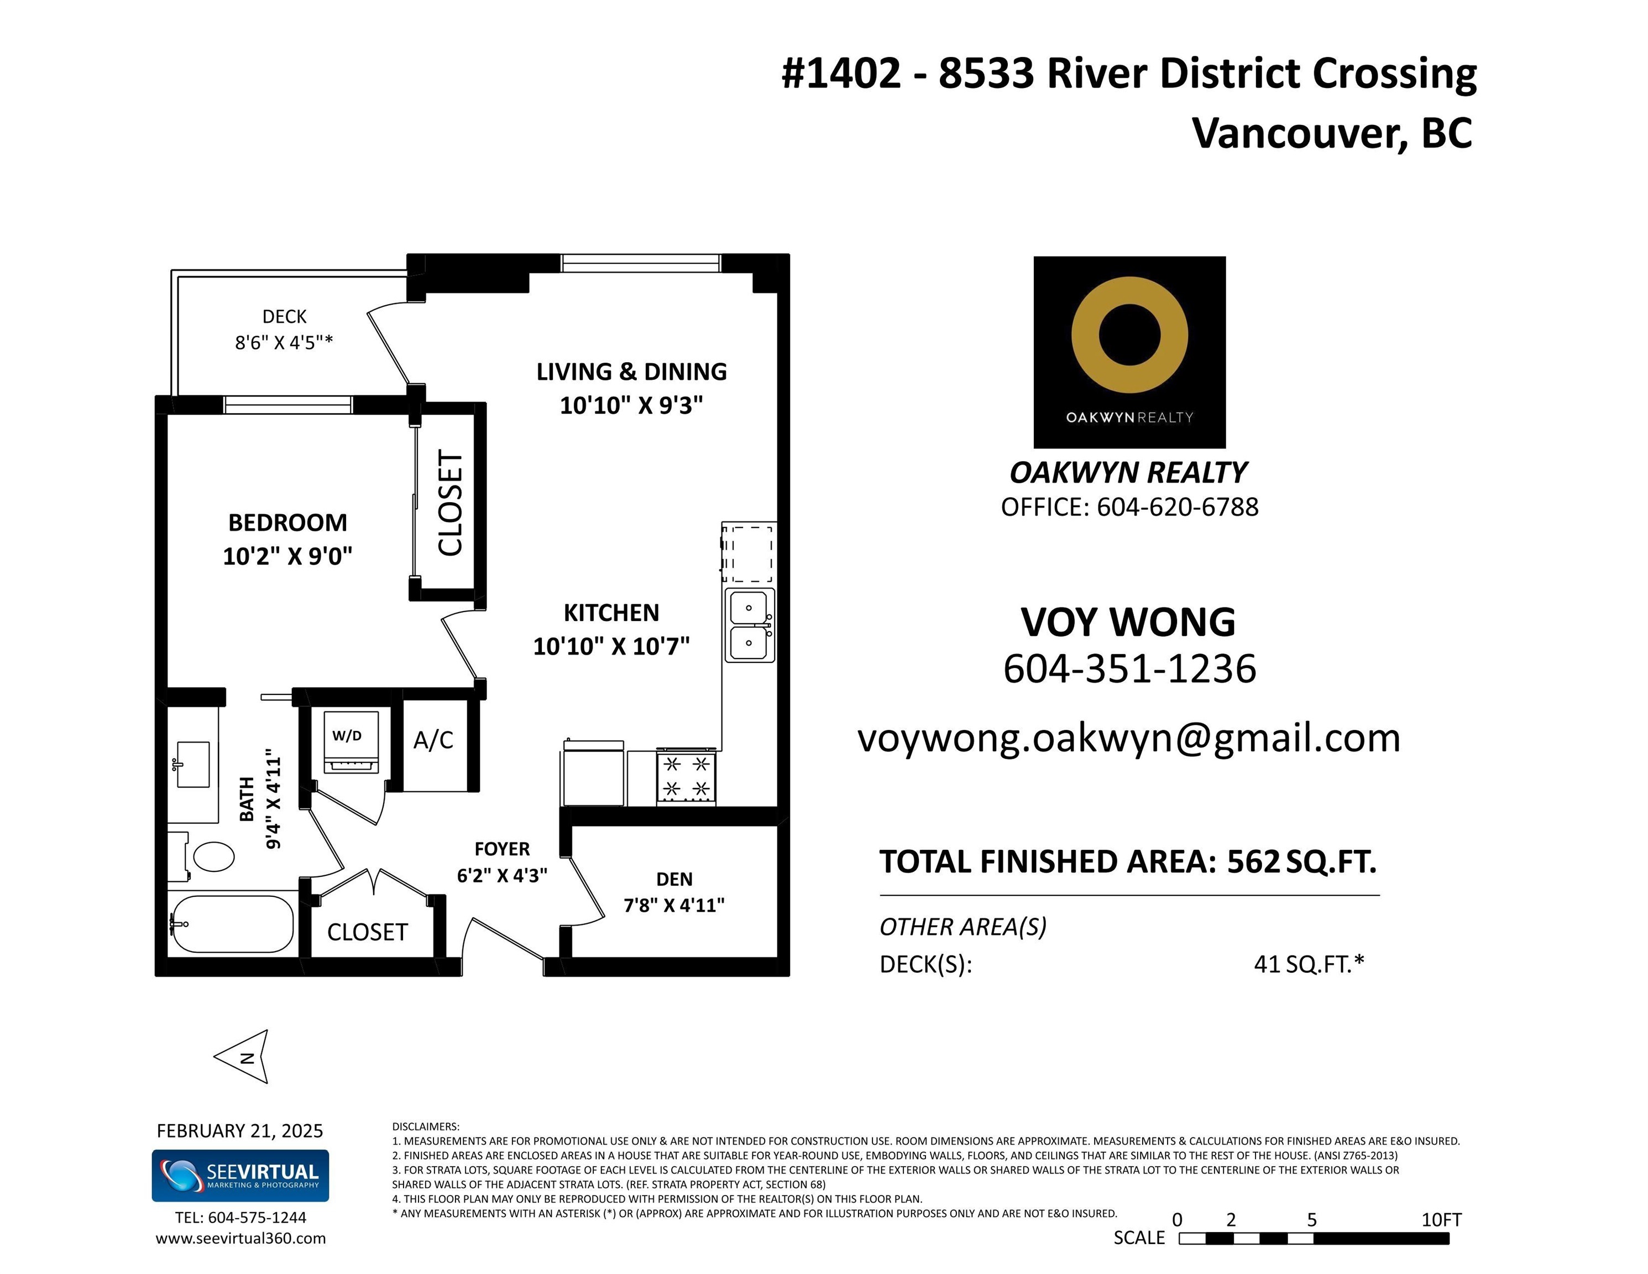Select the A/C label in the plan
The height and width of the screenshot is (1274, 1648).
point(433,740)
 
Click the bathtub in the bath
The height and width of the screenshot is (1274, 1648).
point(232,924)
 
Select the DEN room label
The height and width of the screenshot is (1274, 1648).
point(674,879)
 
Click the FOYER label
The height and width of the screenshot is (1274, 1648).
point(502,848)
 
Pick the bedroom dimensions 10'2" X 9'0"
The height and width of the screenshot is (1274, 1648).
point(287,556)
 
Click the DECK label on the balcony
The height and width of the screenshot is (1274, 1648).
point(285,316)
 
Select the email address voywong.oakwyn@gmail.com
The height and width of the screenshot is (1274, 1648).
point(1129,738)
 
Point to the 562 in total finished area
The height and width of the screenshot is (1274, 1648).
point(1253,861)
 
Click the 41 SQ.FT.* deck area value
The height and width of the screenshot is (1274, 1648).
point(1309,964)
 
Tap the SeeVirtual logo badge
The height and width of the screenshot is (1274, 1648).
point(240,1175)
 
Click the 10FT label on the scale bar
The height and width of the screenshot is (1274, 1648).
point(1441,1220)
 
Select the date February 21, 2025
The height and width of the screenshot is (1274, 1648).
point(240,1131)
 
